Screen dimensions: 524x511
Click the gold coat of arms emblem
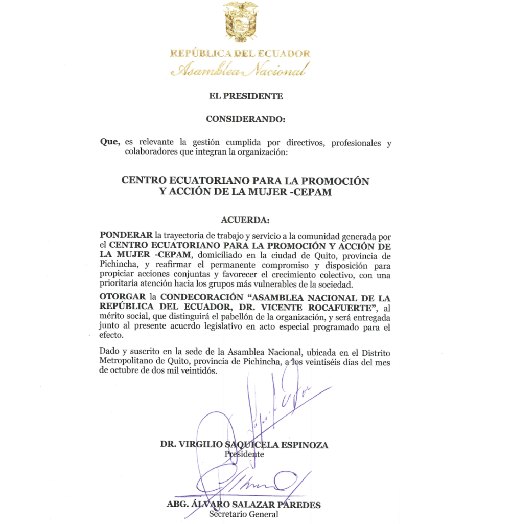coord(240,23)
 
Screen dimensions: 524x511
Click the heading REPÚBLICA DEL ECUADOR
coord(240,54)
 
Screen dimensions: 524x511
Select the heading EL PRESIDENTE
coord(245,96)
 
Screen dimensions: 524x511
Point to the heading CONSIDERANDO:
coord(245,119)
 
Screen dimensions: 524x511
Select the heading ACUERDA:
coord(245,220)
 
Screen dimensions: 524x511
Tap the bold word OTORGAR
coord(123,296)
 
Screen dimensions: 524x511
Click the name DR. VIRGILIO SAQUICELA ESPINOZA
coord(244,445)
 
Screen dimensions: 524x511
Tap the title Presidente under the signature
coord(244,454)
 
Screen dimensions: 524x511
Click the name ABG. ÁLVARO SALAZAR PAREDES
coord(244,505)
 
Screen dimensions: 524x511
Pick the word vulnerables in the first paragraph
coord(293,283)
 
